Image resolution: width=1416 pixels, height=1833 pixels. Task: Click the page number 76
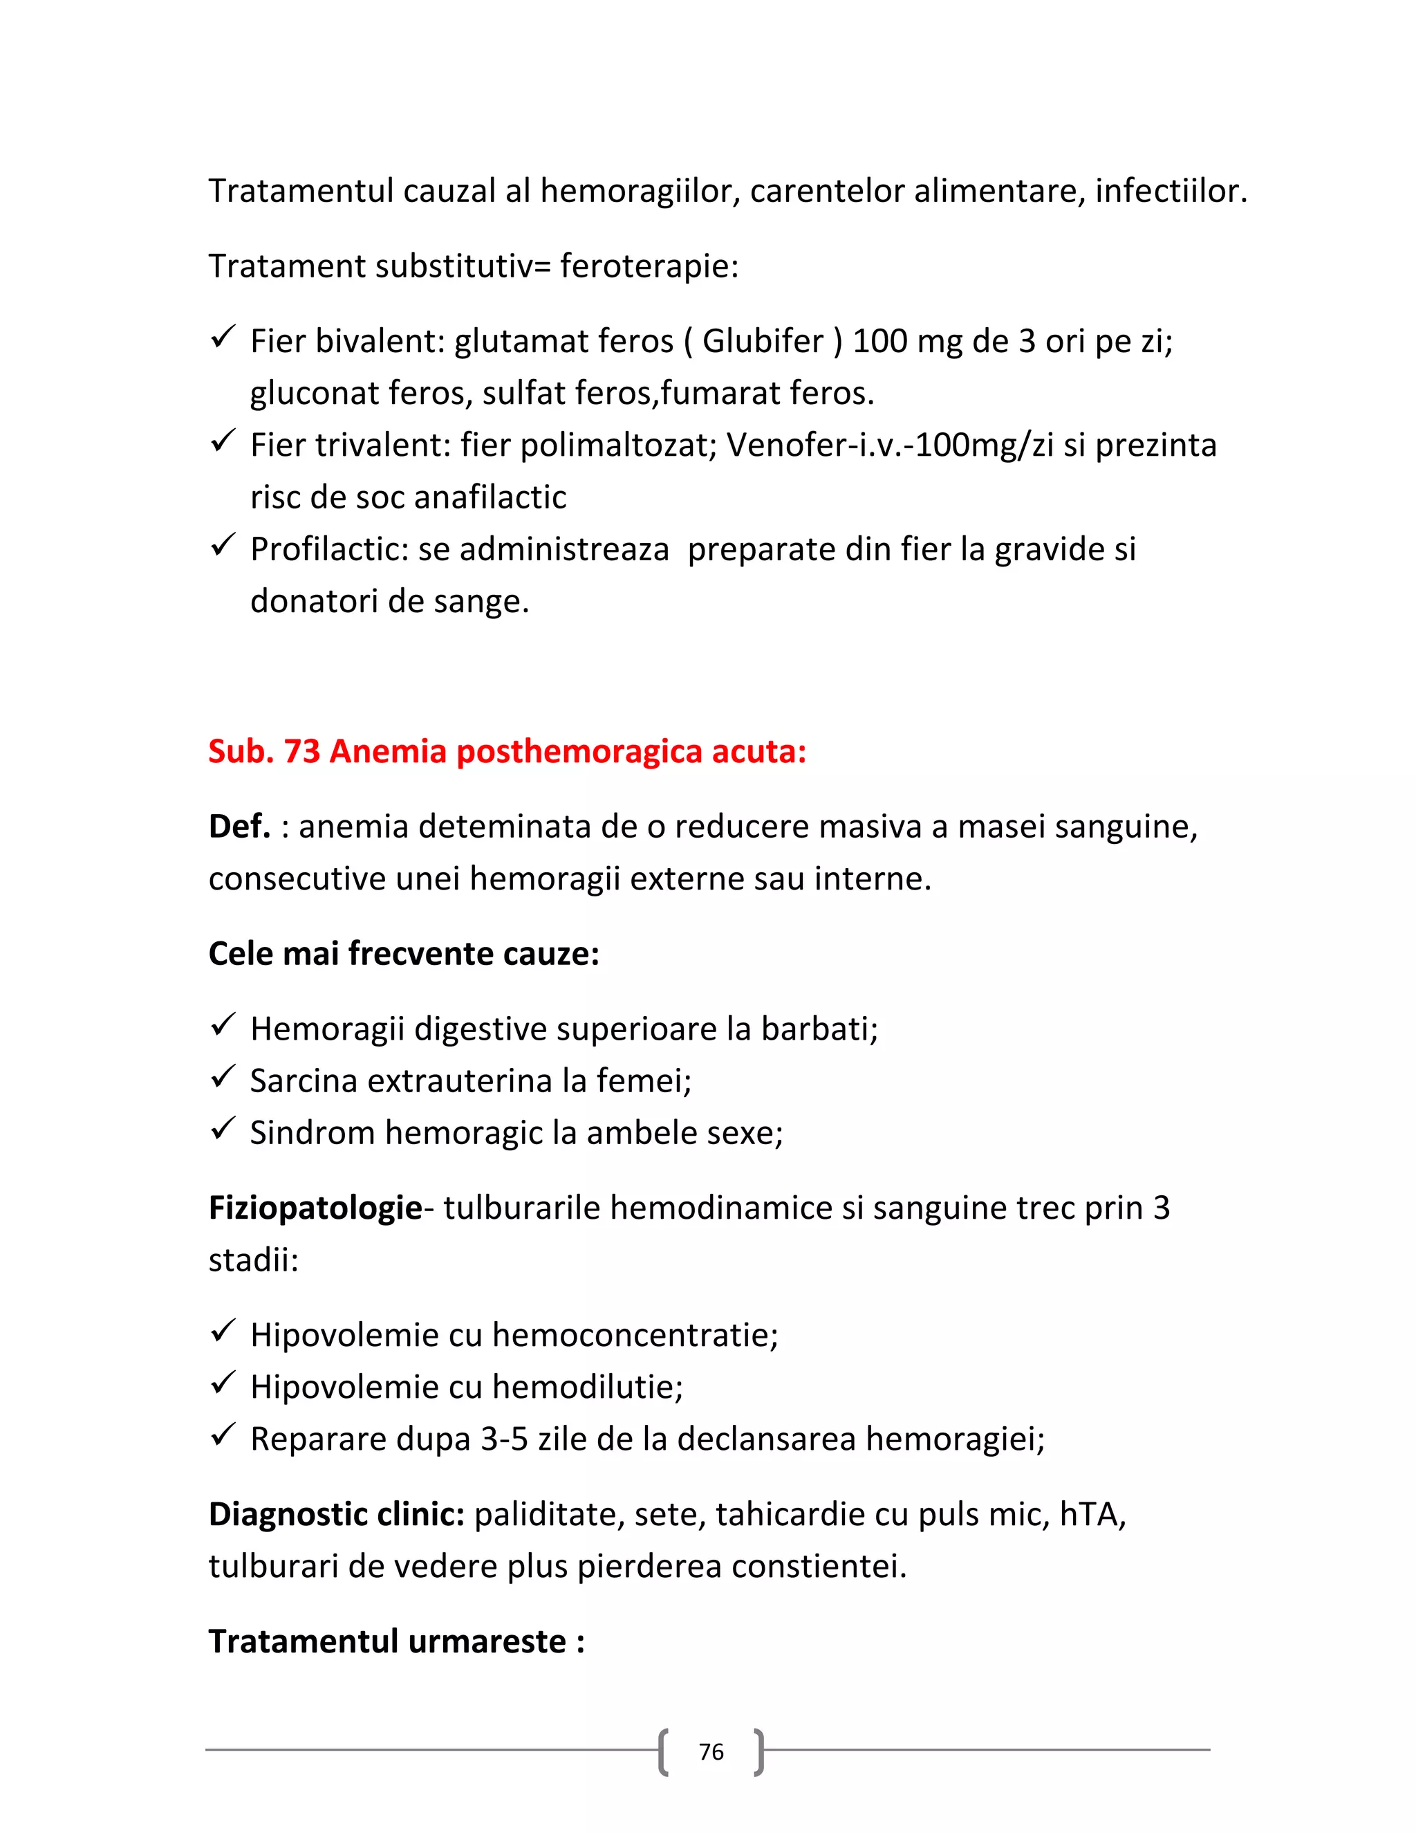(711, 1751)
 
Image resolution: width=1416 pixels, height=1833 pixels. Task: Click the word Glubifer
(763, 341)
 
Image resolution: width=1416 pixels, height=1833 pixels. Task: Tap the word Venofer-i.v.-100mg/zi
(889, 445)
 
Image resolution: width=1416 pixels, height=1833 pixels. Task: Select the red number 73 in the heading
(302, 751)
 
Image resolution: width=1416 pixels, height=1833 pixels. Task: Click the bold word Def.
(239, 827)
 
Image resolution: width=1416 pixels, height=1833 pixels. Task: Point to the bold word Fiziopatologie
(315, 1208)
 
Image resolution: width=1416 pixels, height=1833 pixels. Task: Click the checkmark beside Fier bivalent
(223, 338)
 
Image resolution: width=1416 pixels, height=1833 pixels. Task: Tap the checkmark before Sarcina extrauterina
(223, 1077)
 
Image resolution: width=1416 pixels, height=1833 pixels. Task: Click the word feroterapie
(649, 266)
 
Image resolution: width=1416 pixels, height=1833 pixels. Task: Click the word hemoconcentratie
(635, 1335)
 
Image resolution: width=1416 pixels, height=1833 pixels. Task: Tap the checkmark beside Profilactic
(223, 546)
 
